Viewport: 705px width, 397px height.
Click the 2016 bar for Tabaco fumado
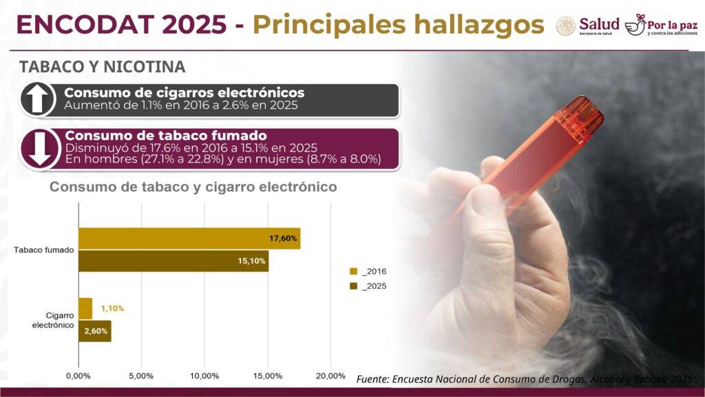tap(189, 238)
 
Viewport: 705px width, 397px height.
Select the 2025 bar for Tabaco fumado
tap(173, 261)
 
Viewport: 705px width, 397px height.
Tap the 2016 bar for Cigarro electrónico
tap(85, 308)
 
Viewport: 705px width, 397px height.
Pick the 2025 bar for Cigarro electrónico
tap(95, 331)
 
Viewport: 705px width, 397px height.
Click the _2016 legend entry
tap(368, 272)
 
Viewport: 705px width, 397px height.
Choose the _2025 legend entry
tap(368, 286)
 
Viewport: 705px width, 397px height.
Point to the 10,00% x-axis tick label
tap(204, 376)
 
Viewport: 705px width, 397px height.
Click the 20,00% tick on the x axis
tap(330, 376)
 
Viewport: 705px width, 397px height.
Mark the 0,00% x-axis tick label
tap(78, 376)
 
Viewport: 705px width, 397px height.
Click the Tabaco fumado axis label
tap(43, 250)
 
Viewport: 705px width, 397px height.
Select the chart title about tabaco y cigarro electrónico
tap(193, 187)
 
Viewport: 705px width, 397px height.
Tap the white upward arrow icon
tap(38, 99)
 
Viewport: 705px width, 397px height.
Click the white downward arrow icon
tap(38, 148)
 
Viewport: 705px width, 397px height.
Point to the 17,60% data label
tap(283, 238)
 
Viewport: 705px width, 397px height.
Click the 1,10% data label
tap(112, 309)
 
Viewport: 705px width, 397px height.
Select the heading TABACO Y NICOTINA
tap(102, 67)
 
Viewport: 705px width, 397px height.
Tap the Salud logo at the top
tap(587, 26)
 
